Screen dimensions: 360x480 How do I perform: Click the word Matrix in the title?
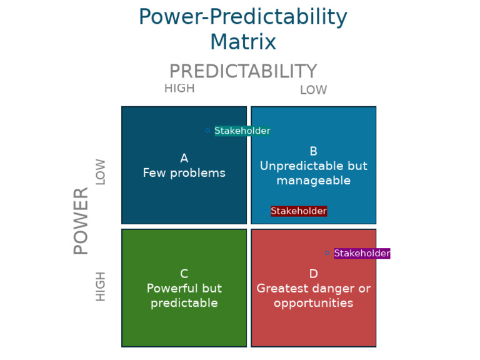coord(242,42)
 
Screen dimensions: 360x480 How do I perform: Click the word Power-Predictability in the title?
coord(242,17)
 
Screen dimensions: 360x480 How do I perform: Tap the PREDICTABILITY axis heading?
coord(242,71)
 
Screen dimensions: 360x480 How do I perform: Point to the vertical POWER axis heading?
coord(81,221)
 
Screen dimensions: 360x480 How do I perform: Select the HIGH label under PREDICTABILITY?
coord(179,89)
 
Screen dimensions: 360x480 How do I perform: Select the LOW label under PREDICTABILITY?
coord(313,90)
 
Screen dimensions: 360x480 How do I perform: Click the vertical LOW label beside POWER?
coord(101,171)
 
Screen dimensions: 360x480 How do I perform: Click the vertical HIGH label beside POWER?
coord(101,286)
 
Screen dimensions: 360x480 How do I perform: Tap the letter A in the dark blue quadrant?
coord(184,159)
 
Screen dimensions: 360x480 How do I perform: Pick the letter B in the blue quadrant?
coord(314,151)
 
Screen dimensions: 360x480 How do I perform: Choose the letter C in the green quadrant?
coord(184,274)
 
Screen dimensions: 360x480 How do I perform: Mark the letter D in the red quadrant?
coord(314,274)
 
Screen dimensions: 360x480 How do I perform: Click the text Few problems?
coord(184,173)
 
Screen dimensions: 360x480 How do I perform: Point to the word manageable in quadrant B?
coord(314,181)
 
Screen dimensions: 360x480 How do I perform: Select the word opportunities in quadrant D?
coord(314,303)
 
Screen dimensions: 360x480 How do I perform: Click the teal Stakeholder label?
coord(242,131)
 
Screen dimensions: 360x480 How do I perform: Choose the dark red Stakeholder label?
coord(299,211)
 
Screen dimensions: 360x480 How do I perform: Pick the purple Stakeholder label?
coord(362,253)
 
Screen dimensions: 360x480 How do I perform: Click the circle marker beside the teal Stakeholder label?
coord(207,131)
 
